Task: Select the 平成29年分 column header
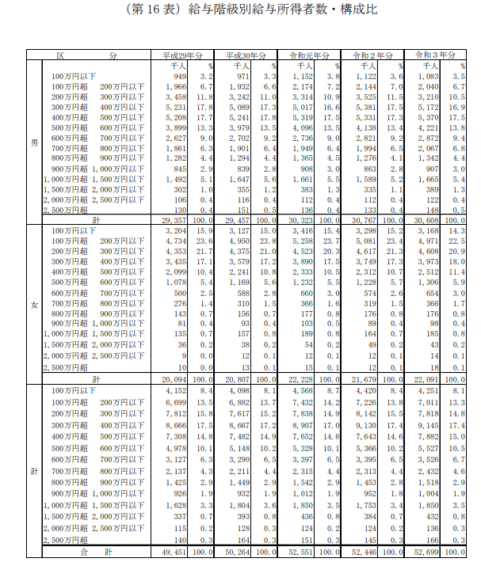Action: (x=182, y=56)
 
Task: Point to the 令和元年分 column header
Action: (x=308, y=56)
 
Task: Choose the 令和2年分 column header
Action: (x=371, y=56)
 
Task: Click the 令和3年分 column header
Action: (x=434, y=56)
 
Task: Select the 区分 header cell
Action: (x=89, y=56)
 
